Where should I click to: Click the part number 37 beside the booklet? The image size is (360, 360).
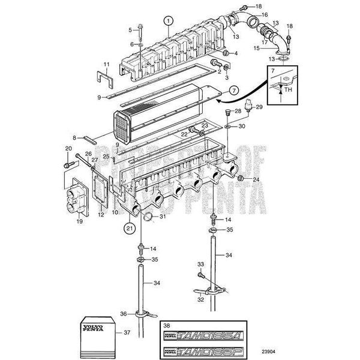[125, 332]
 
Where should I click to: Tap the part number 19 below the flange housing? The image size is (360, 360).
[78, 220]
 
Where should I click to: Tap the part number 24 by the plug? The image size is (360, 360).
[256, 179]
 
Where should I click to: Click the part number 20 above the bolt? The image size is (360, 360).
[68, 148]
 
